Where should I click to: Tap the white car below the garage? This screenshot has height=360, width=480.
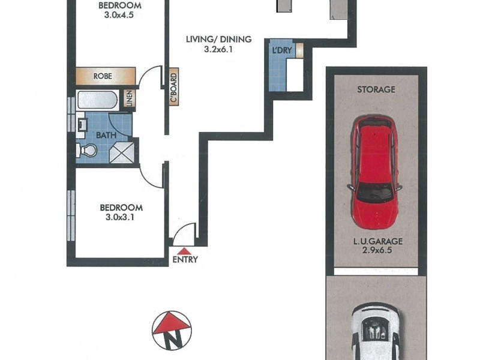[x=376, y=333]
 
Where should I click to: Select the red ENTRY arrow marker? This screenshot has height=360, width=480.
[x=185, y=251]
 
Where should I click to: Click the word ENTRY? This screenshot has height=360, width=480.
[x=185, y=260]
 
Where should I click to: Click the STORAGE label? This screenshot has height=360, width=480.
[x=376, y=90]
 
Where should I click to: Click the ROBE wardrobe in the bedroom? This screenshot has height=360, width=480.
[x=104, y=77]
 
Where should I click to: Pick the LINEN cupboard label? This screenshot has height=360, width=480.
[x=128, y=99]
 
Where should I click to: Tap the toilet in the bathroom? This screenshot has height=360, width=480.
[x=83, y=150]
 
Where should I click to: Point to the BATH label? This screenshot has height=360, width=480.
[x=106, y=135]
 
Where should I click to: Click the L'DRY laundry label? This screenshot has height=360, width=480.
[x=281, y=51]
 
